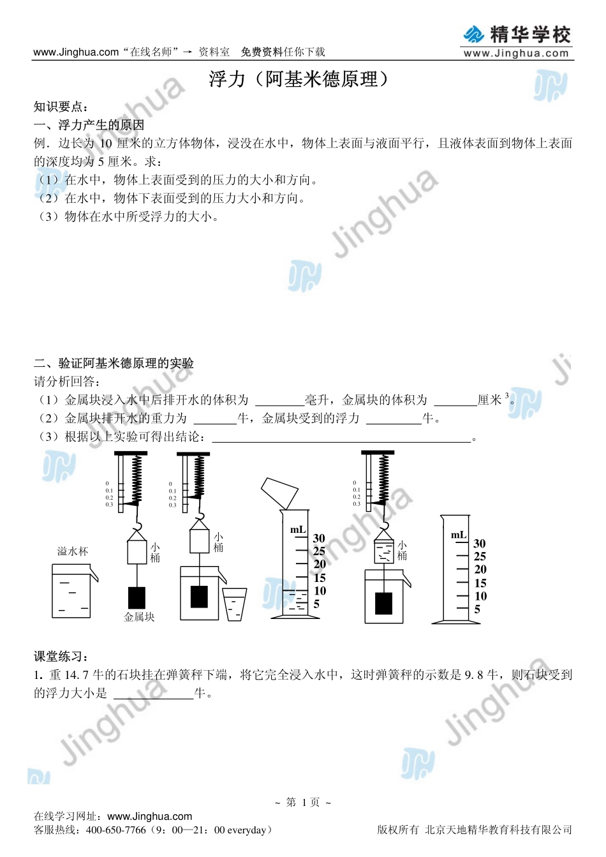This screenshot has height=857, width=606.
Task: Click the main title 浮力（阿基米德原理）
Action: coord(299,79)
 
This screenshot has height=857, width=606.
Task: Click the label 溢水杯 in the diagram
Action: coord(73,551)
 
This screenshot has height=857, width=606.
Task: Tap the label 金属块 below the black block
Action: coord(139,617)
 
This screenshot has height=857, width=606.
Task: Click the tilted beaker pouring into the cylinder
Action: coord(279,493)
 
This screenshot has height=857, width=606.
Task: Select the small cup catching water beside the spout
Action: coord(234,604)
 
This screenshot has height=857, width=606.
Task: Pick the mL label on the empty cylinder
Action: coord(459,535)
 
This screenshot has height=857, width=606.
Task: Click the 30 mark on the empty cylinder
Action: coord(480,543)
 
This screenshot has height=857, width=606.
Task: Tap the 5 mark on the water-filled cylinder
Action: coord(316,604)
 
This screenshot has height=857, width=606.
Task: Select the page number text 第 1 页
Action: coord(303,802)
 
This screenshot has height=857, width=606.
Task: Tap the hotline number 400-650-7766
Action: coord(116,830)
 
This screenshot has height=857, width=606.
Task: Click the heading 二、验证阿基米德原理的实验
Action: coord(114,363)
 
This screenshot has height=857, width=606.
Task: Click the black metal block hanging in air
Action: coord(137,598)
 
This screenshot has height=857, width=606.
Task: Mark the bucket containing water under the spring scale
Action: coord(383,551)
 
